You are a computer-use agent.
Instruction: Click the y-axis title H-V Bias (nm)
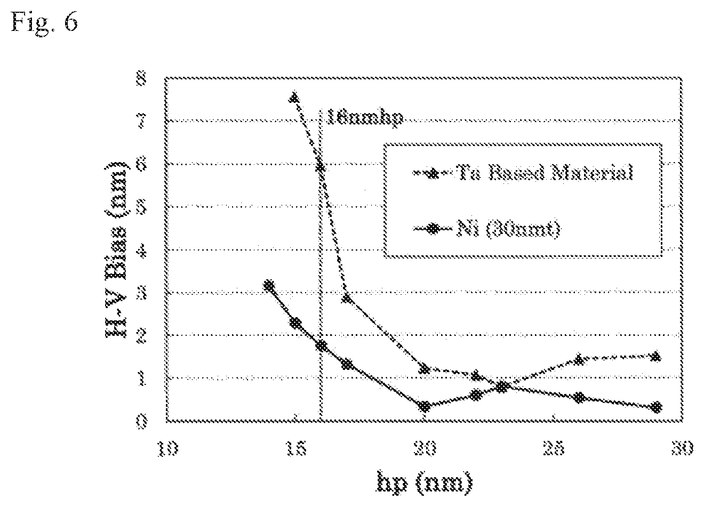[116, 249]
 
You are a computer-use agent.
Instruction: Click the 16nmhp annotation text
[364, 117]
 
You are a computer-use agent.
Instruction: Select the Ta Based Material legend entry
[523, 173]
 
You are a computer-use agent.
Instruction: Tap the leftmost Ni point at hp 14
[269, 285]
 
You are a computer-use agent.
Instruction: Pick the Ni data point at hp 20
[425, 406]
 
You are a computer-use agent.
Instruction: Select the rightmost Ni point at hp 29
[657, 407]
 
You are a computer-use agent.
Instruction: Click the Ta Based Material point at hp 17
[347, 297]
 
